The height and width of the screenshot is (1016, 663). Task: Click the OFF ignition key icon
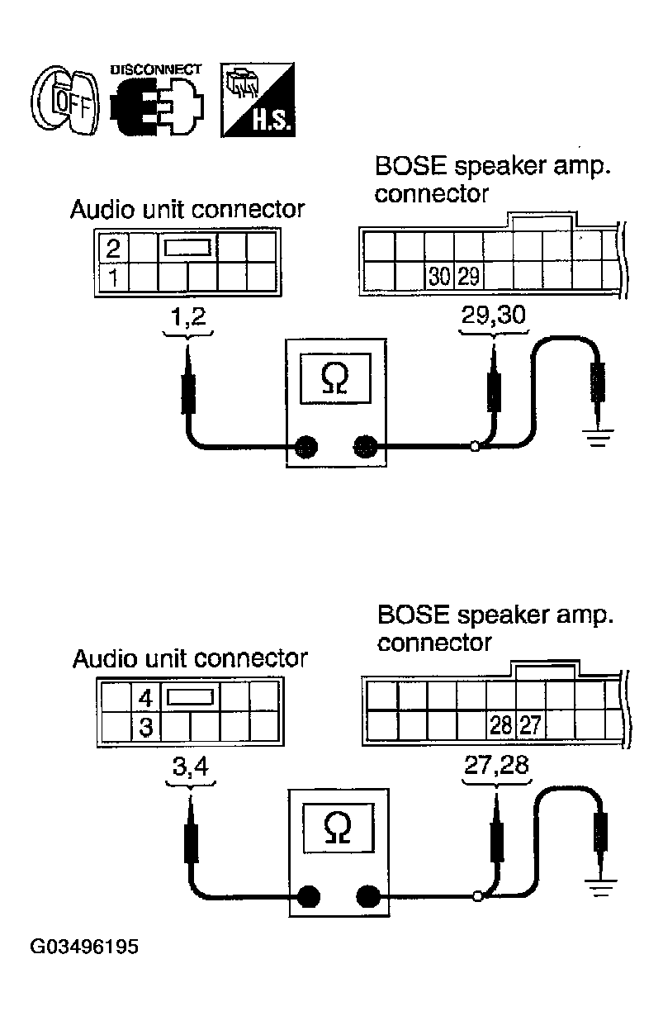pyautogui.click(x=65, y=101)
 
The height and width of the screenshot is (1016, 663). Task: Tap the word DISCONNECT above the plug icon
pyautogui.click(x=155, y=69)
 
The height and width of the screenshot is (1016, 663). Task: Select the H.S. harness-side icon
pyautogui.click(x=258, y=100)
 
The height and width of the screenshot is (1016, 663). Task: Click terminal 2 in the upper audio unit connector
pyautogui.click(x=113, y=248)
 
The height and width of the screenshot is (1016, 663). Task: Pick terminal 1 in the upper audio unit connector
pyautogui.click(x=113, y=277)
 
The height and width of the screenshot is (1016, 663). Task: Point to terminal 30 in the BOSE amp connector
pyautogui.click(x=439, y=276)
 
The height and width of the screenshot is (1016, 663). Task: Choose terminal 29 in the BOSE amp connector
pyautogui.click(x=468, y=276)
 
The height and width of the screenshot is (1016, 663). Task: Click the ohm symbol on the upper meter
pyautogui.click(x=335, y=379)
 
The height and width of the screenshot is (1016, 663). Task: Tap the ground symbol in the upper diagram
pyautogui.click(x=597, y=438)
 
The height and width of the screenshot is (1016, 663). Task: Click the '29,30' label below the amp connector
pyautogui.click(x=494, y=315)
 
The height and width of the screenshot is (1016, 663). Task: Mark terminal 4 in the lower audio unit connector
pyautogui.click(x=145, y=698)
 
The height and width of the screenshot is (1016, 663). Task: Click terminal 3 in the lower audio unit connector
pyautogui.click(x=145, y=727)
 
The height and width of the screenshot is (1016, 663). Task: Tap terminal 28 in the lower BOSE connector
pyautogui.click(x=501, y=724)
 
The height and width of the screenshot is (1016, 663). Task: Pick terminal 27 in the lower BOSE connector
pyautogui.click(x=530, y=724)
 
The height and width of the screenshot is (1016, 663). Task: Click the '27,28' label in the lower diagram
pyautogui.click(x=496, y=765)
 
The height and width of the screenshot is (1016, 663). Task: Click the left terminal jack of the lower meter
pyautogui.click(x=308, y=896)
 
